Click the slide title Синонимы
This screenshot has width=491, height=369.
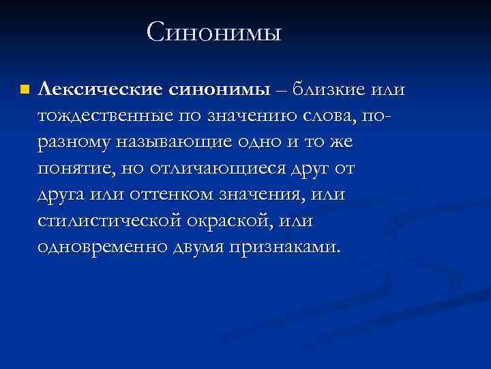(213, 32)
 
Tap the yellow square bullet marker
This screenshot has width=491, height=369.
(25, 90)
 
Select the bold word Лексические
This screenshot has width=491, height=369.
(100, 90)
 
